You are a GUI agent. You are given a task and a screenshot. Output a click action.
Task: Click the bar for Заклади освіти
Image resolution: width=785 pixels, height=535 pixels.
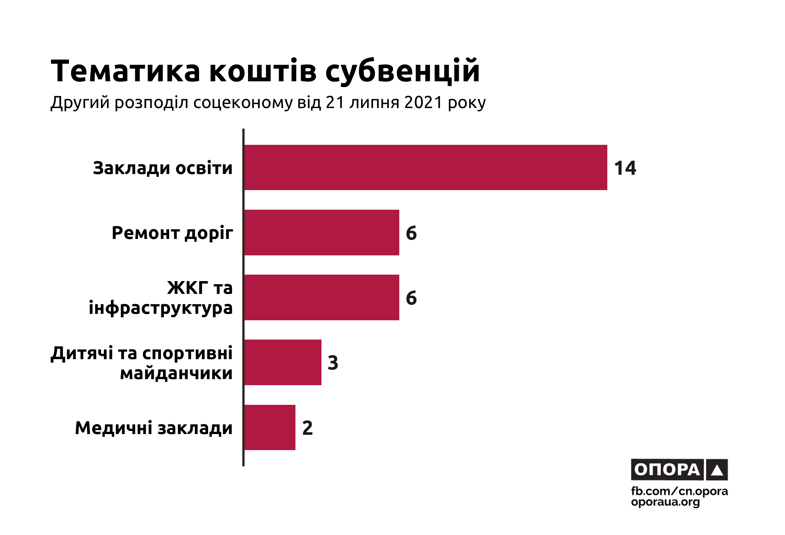click(x=425, y=167)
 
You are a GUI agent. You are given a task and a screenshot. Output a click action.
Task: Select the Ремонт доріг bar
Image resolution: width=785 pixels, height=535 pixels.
click(x=321, y=233)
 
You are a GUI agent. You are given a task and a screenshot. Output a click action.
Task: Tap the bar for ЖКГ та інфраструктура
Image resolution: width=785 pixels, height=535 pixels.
click(x=321, y=297)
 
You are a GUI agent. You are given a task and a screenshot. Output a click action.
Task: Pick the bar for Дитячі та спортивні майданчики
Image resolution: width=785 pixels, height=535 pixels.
click(x=283, y=362)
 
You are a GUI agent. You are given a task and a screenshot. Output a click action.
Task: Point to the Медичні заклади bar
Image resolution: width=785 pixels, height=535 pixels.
click(x=270, y=427)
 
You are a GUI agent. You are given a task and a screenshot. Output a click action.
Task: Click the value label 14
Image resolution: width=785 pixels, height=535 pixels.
click(x=625, y=168)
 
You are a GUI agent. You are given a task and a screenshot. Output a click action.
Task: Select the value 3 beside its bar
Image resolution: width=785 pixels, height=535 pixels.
click(x=333, y=363)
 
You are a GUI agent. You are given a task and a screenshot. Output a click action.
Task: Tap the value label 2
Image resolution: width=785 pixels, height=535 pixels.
click(x=307, y=428)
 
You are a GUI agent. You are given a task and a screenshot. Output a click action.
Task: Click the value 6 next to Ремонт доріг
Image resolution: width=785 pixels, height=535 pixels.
click(x=411, y=233)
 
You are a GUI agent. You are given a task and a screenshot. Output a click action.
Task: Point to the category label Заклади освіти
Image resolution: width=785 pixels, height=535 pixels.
click(x=163, y=168)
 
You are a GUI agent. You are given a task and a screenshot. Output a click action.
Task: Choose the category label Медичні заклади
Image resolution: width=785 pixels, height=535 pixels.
click(x=154, y=428)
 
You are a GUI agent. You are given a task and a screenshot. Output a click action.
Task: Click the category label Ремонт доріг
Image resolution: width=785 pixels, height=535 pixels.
click(x=172, y=233)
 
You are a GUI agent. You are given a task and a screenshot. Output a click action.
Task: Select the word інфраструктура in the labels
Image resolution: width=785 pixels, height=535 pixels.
click(x=161, y=308)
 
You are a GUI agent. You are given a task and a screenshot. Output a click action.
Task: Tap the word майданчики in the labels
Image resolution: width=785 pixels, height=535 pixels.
click(x=176, y=373)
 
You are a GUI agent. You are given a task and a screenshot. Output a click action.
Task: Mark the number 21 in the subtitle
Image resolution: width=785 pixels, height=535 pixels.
click(x=335, y=102)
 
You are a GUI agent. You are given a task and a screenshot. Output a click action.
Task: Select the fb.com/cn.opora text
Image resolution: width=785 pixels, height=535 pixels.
click(x=679, y=491)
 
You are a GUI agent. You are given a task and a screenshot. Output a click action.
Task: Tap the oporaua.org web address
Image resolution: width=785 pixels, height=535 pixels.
click(x=665, y=502)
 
